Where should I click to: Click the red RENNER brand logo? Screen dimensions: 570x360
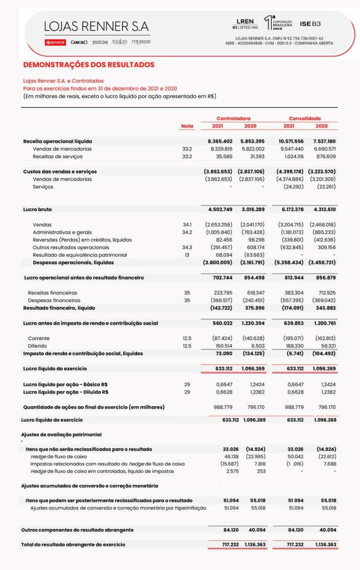click(55, 42)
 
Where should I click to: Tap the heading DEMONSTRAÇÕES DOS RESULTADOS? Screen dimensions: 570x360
click(89, 65)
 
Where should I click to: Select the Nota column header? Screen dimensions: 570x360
click(187, 126)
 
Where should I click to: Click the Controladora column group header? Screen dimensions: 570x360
click(233, 118)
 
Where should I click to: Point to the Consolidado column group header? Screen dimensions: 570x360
click(305, 118)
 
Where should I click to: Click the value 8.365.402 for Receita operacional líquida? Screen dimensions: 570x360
click(220, 141)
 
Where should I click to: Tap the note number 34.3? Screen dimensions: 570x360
click(187, 247)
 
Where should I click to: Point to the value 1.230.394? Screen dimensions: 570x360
click(254, 323)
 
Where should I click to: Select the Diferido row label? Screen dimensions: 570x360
click(37, 346)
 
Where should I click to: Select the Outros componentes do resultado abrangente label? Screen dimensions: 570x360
click(77, 530)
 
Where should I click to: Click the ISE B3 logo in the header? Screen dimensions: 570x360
click(310, 23)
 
